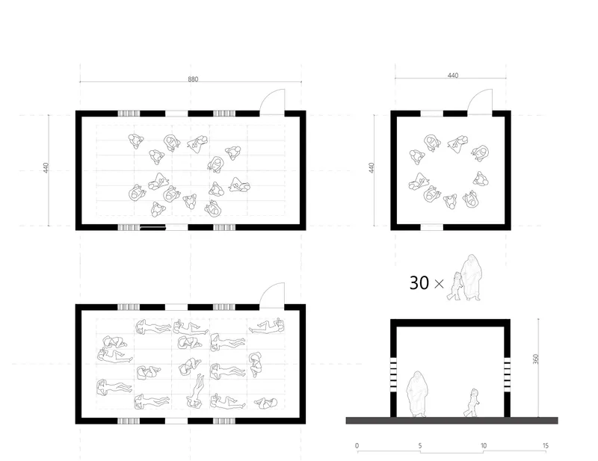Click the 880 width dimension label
(193, 79)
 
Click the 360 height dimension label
(536, 359)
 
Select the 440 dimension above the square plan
(453, 75)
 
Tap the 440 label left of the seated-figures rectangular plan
(46, 168)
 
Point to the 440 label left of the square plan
(372, 168)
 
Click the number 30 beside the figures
(419, 283)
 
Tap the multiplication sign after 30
(439, 284)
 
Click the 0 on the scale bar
(357, 446)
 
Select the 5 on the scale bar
(420, 446)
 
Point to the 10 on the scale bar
(483, 446)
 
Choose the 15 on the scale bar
(546, 446)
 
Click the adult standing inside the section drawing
(416, 394)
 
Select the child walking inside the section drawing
(472, 403)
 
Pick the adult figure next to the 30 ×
(472, 277)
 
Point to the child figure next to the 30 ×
(454, 286)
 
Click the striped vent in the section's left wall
(393, 374)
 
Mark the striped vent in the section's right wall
(508, 374)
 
